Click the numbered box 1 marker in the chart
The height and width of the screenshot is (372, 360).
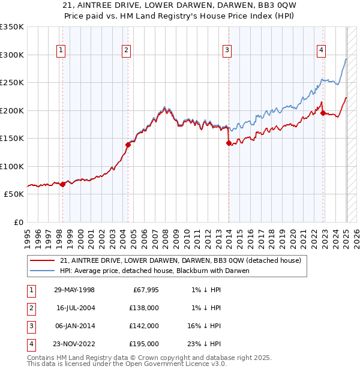[x=62, y=50]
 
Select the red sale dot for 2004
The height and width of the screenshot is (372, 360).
[x=128, y=145]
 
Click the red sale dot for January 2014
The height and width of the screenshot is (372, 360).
[x=229, y=143]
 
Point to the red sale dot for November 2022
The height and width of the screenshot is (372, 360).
[x=323, y=113]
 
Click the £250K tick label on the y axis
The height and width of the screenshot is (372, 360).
[x=12, y=83]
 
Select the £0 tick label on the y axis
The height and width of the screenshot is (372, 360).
[x=18, y=222]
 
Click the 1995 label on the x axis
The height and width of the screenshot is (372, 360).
[x=28, y=234]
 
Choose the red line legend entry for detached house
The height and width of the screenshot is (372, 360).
[x=184, y=260]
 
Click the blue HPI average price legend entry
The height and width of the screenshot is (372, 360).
[x=154, y=271]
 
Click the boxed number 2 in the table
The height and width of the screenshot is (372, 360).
[x=31, y=308]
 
